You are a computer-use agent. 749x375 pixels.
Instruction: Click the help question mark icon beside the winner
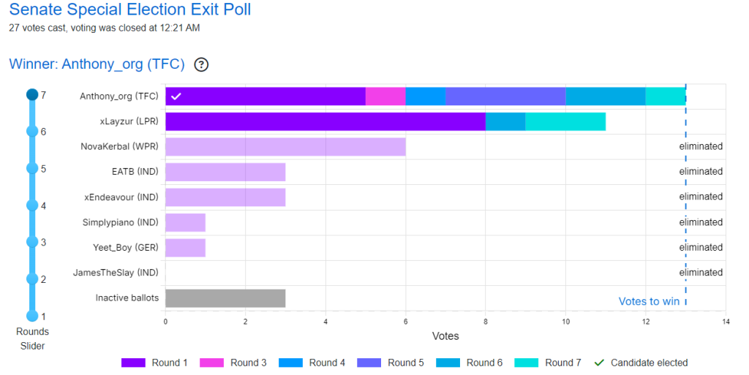tap(201, 64)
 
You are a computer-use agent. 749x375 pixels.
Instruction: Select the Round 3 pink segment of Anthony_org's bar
tap(385, 96)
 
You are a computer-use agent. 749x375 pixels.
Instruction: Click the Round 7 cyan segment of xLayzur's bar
tap(565, 121)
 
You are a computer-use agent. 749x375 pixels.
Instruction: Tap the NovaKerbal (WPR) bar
tap(285, 146)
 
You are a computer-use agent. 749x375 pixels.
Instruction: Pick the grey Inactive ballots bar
tap(225, 298)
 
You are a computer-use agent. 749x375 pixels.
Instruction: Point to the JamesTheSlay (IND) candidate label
tap(116, 273)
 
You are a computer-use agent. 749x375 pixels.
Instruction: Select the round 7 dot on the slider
tap(31, 94)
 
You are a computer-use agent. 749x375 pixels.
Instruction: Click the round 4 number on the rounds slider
tap(43, 205)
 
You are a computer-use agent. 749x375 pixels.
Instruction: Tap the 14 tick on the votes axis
tap(725, 321)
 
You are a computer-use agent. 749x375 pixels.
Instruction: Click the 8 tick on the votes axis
tap(486, 321)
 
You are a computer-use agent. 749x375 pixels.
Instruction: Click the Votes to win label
tap(649, 301)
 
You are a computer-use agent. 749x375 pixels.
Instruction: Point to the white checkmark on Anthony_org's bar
tap(176, 96)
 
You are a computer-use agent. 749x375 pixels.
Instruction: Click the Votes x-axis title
tap(445, 336)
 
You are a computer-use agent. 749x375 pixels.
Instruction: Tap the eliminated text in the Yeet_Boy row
tap(701, 247)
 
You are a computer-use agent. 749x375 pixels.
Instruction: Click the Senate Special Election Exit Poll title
tap(129, 11)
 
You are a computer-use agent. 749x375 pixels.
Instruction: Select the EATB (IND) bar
tap(225, 172)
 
